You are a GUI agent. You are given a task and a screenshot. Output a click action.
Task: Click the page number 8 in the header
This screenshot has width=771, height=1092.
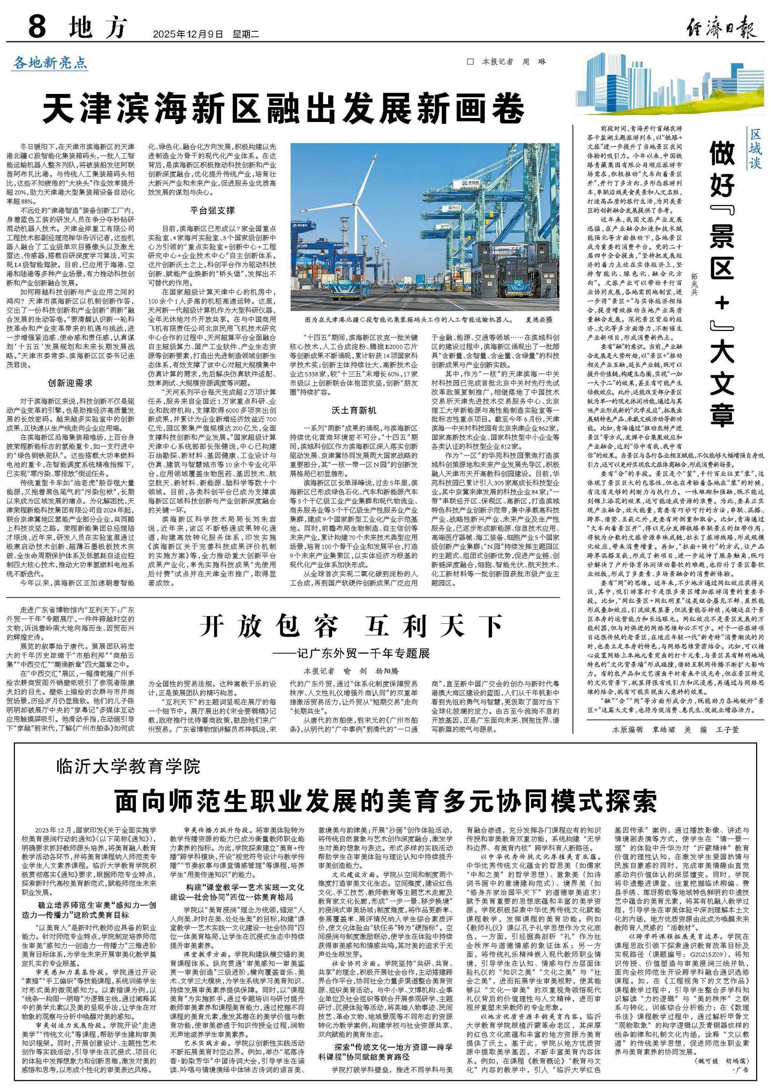37,27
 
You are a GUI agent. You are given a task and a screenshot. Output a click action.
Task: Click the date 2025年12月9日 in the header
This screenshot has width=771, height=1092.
188,34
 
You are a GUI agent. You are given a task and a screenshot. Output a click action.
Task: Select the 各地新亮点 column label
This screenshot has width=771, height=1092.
50,63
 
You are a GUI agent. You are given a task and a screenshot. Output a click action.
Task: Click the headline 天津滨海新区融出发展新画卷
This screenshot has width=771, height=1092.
283,109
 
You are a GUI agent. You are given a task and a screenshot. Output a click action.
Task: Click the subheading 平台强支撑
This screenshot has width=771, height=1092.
212,211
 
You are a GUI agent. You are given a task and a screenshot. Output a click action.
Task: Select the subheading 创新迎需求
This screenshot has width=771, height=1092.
70,383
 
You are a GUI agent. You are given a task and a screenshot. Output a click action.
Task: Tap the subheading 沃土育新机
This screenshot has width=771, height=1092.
354,410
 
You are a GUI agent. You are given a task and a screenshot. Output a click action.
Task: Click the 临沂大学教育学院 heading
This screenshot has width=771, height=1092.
128,766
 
